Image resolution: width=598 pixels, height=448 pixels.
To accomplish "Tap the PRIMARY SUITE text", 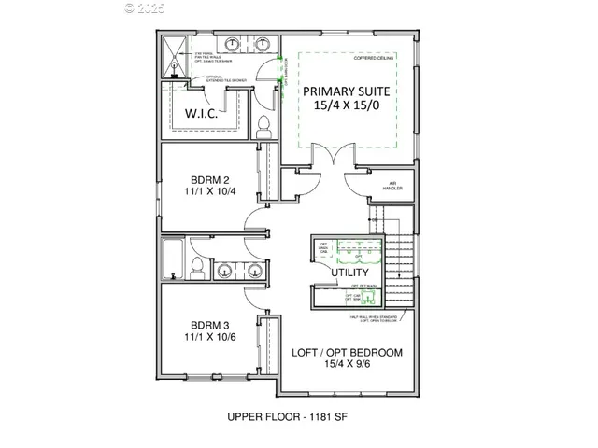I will coord(346,92).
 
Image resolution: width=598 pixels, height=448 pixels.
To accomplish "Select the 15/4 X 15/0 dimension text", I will coord(346,109).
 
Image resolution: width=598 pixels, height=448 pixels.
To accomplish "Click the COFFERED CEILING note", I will coord(374,57).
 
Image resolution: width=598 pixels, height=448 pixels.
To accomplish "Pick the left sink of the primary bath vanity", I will coord(232,45).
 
